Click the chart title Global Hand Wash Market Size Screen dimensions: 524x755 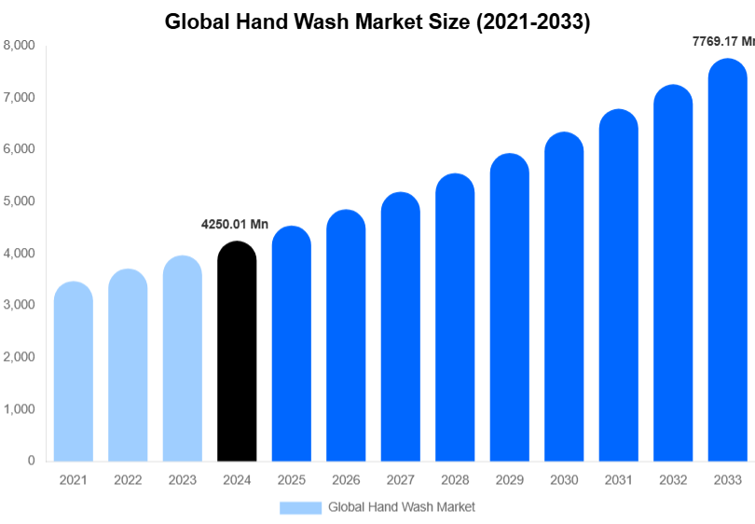point(377,21)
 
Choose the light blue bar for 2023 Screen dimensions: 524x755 point(183,358)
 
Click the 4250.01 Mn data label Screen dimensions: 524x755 point(235,225)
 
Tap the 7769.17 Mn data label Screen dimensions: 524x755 point(722,42)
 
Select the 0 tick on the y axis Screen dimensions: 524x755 point(31,461)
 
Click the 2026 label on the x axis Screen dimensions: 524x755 point(346,480)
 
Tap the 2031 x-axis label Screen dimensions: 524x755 point(618,480)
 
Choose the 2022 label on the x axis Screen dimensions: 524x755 point(128,480)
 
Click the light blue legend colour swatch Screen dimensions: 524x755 point(300,507)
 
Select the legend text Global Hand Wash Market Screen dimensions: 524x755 point(401,507)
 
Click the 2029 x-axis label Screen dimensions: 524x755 point(509,480)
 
